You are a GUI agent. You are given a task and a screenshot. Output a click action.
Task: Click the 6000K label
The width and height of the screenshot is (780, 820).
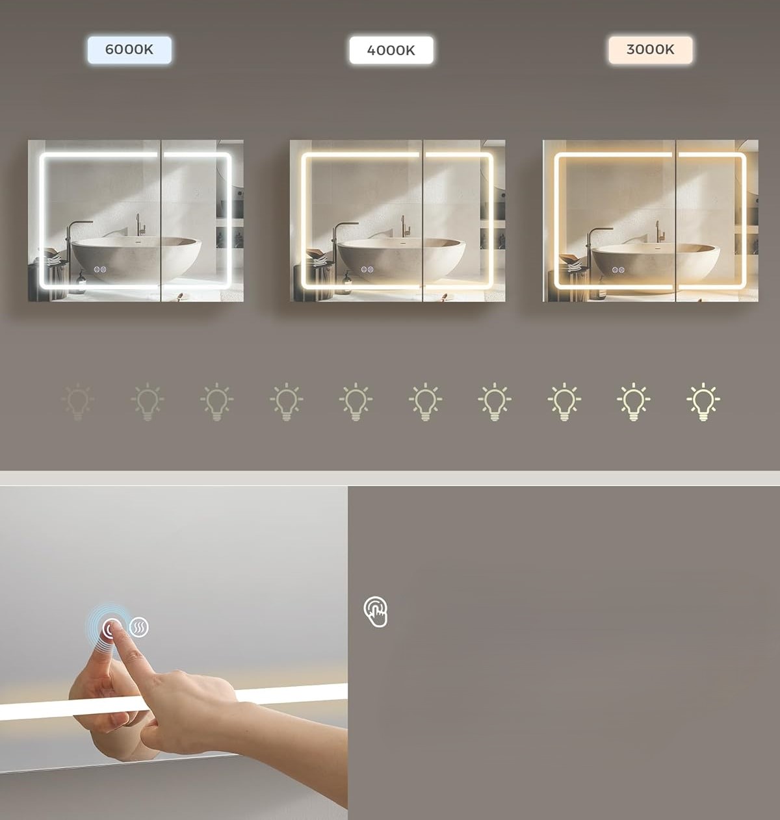click(x=129, y=49)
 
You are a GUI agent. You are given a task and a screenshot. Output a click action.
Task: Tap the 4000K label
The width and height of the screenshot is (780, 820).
click(x=391, y=50)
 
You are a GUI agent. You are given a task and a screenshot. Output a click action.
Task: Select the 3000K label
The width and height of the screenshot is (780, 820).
click(x=650, y=49)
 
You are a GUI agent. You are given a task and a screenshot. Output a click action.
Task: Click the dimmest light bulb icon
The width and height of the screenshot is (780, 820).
click(x=77, y=402)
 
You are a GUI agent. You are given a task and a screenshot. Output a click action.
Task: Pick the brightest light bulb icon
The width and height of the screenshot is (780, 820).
click(x=703, y=402)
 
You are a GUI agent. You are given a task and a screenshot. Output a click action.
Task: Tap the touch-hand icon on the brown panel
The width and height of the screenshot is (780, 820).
click(x=376, y=611)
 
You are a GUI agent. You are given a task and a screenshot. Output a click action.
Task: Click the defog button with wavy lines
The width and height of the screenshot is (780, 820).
click(x=138, y=627)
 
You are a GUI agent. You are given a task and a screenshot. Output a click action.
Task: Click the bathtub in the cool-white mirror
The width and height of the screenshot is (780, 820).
click(x=136, y=258)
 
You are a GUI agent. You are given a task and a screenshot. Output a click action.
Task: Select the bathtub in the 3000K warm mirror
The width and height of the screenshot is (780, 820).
click(x=655, y=263)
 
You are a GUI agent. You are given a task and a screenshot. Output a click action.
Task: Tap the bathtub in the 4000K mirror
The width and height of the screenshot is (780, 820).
click(x=400, y=259)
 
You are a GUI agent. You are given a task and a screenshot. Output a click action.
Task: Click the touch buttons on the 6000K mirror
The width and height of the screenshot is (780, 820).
click(x=99, y=270)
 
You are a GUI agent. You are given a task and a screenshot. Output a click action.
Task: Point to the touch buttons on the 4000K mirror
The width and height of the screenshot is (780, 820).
click(x=367, y=270)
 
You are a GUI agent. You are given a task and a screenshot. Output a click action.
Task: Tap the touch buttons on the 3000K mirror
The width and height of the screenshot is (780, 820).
click(x=618, y=270)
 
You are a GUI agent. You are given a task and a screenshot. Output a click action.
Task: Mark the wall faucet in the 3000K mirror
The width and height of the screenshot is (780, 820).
click(x=658, y=231)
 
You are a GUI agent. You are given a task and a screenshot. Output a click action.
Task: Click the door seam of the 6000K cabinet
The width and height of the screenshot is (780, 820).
click(x=161, y=221)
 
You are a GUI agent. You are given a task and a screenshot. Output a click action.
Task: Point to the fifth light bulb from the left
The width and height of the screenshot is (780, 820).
click(x=356, y=402)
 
